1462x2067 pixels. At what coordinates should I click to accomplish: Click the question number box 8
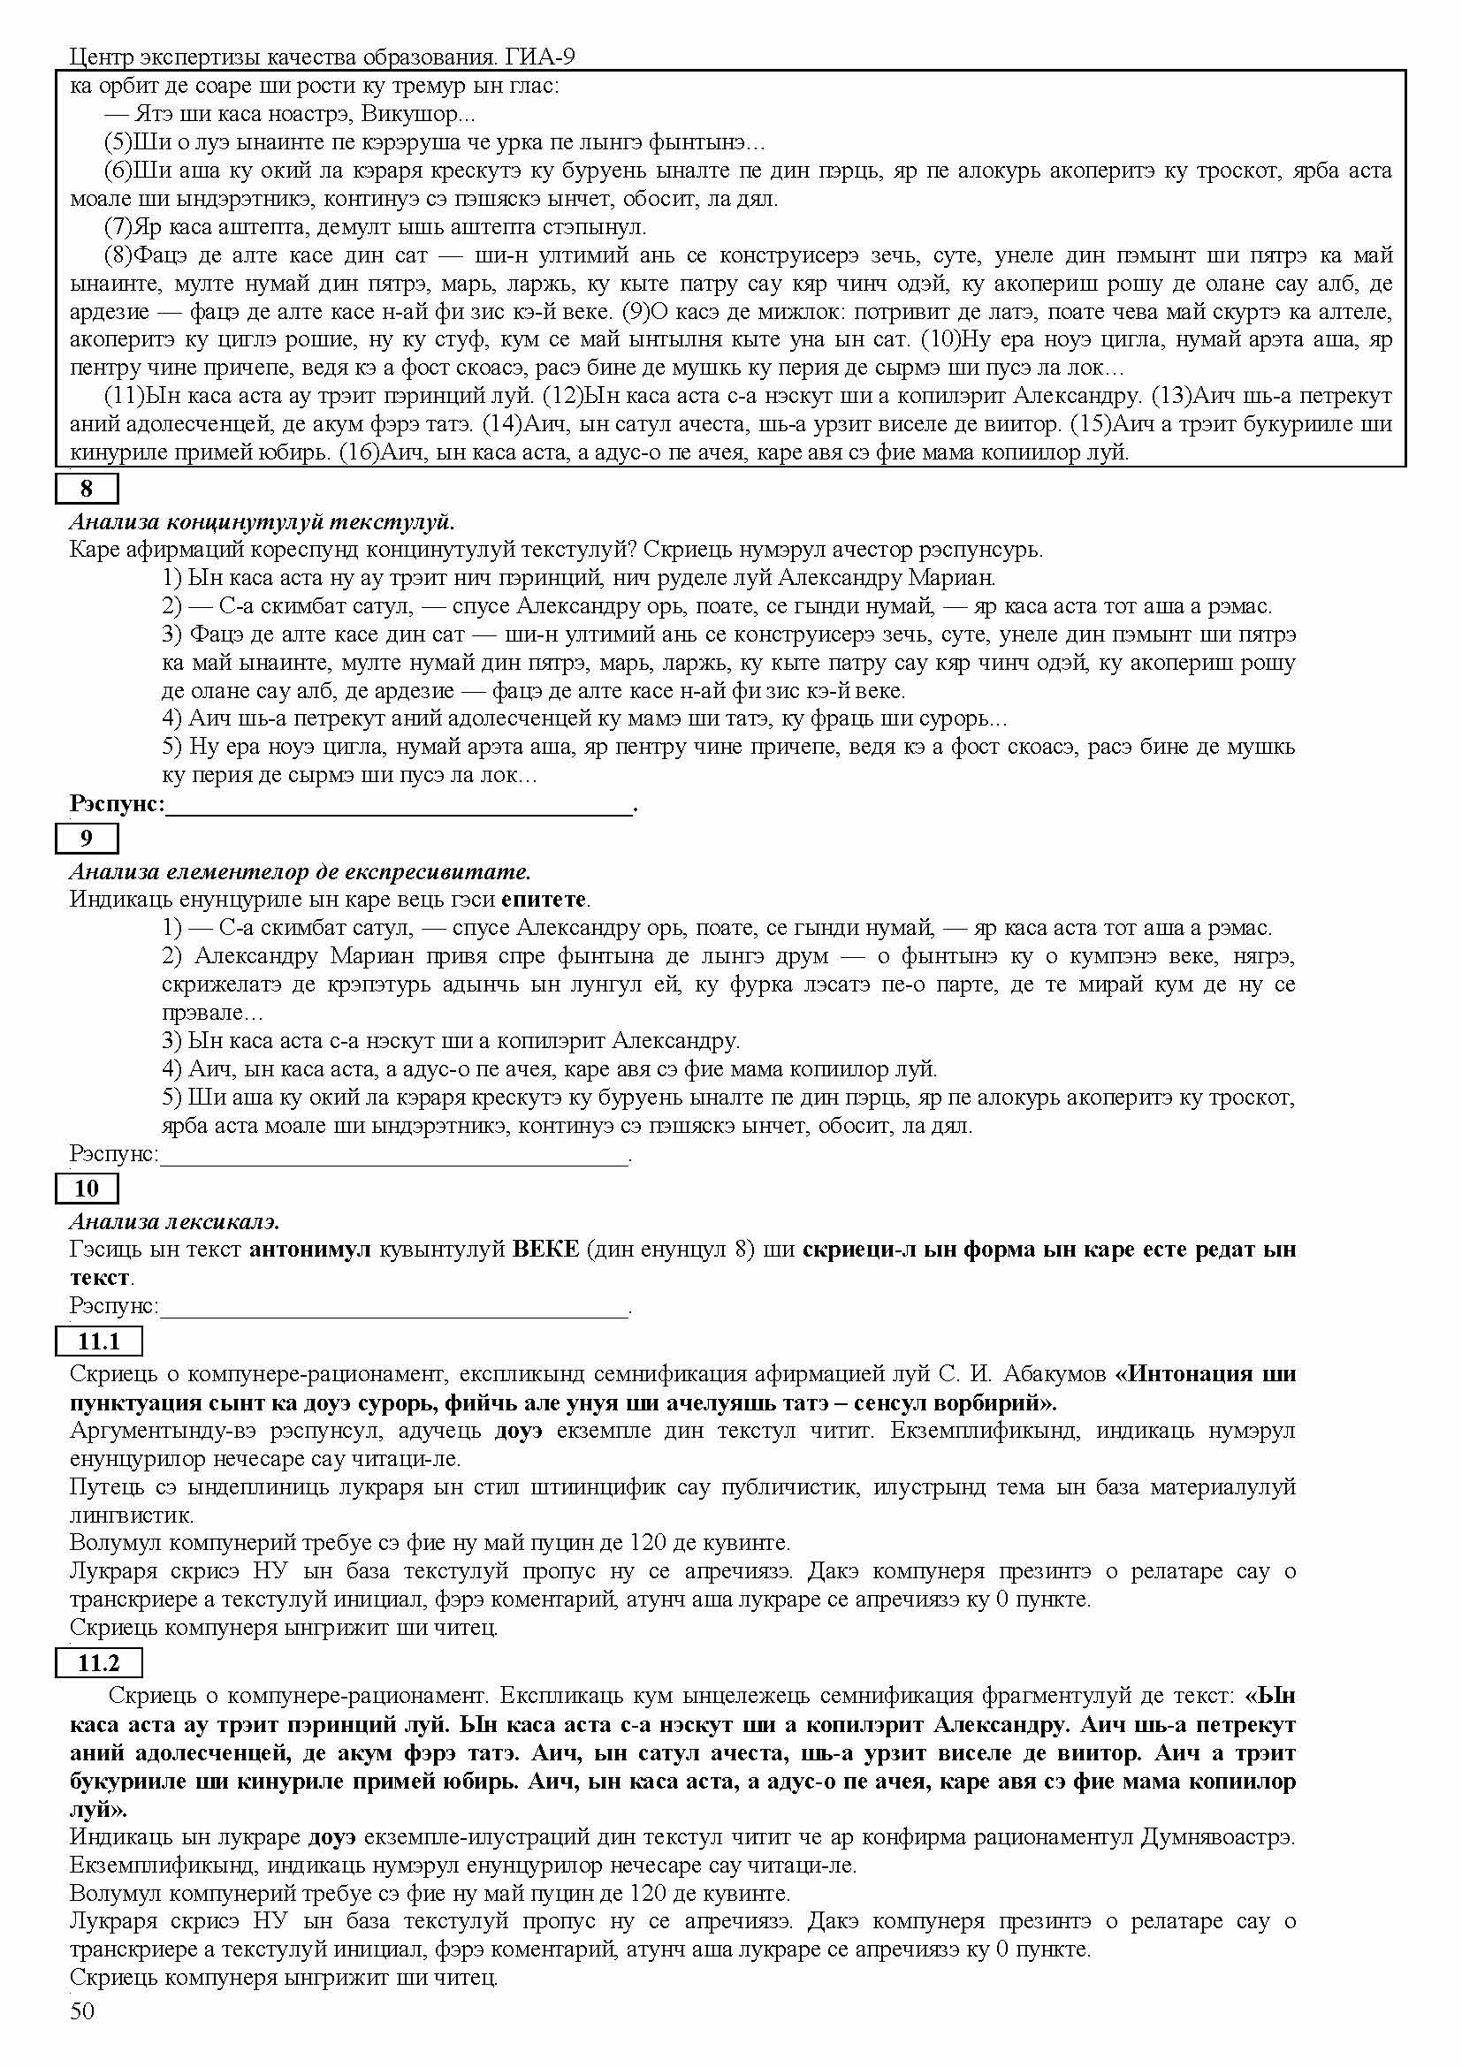87,489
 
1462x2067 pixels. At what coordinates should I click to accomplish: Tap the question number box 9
87,838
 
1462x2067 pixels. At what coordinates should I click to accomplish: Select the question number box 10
87,1189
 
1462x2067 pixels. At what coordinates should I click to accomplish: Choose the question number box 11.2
98,1663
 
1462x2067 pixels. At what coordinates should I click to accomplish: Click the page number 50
82,2036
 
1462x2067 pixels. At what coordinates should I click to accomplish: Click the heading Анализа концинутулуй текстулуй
262,522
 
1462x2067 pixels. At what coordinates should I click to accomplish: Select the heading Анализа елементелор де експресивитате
301,871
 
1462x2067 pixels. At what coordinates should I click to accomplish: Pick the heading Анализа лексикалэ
175,1221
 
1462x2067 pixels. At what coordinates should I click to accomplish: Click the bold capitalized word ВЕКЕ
544,1250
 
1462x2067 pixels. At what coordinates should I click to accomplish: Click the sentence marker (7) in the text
118,227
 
